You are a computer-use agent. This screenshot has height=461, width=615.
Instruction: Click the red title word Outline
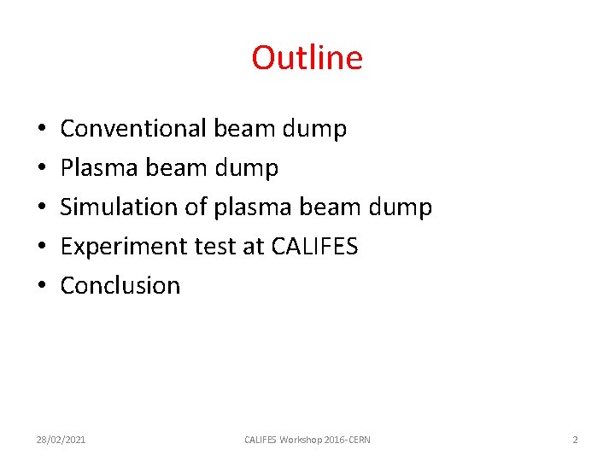pos(307,58)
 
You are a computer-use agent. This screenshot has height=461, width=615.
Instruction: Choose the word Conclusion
pos(120,285)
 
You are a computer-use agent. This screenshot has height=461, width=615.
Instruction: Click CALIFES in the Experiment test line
pos(314,247)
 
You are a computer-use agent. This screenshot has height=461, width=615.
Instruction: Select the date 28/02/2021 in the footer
pos(61,440)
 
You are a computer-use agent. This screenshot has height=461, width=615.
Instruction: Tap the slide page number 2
pos(575,440)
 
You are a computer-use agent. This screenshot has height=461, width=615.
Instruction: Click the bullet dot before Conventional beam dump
pos(42,130)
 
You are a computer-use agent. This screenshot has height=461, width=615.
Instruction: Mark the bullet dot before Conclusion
pos(42,286)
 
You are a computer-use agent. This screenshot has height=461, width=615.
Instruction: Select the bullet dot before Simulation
pos(42,208)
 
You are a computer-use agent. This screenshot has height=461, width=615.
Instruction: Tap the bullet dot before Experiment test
pos(42,248)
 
